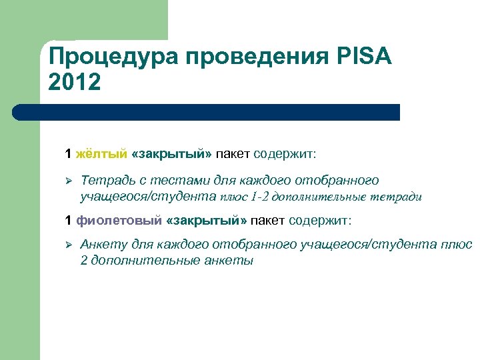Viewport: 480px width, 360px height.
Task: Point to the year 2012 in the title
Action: coord(75,83)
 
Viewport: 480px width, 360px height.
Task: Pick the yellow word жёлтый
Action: coord(101,155)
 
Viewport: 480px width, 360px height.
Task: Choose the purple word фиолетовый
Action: coord(119,220)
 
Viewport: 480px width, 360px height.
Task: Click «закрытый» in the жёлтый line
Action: coord(172,155)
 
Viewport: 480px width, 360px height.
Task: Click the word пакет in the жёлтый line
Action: coord(233,155)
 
